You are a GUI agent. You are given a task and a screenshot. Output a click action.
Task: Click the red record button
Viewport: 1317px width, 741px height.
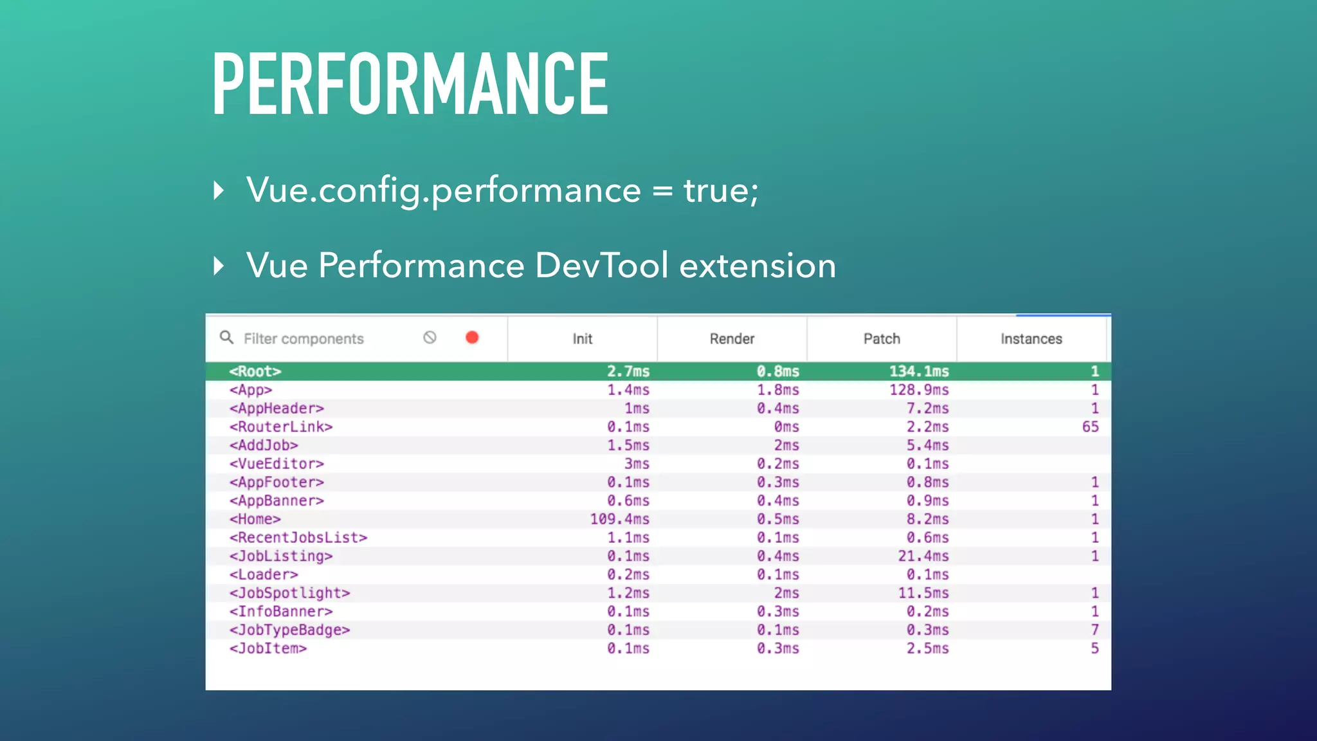[x=472, y=338]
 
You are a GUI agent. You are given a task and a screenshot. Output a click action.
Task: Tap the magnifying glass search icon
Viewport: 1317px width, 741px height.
[x=226, y=337]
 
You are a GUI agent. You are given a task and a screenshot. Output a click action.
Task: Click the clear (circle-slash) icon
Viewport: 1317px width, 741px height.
[x=430, y=338]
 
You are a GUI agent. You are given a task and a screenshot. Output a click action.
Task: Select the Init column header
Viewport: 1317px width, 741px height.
[x=582, y=339]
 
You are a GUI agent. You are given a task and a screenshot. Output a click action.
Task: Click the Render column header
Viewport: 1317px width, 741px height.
[x=732, y=339]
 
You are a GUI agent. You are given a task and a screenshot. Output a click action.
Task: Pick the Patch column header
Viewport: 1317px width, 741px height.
[x=882, y=339]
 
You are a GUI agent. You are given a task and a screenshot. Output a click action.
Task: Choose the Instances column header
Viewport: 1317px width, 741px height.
[x=1031, y=339]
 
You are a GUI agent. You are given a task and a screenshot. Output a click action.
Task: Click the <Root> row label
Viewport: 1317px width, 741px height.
[x=255, y=371]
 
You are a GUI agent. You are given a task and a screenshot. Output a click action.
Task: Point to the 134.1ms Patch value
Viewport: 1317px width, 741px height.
[x=919, y=371]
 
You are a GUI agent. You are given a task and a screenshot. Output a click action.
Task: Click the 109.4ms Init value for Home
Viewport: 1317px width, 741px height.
[x=620, y=519]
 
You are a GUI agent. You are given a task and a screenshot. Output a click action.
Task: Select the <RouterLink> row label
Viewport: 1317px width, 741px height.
[x=281, y=427]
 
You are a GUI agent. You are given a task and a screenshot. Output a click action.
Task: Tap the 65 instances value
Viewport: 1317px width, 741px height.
[x=1090, y=427]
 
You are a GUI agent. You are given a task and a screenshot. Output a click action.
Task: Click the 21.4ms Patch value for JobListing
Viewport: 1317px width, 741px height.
[x=923, y=556]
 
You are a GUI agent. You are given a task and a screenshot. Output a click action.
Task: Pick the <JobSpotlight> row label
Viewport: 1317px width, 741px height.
[x=289, y=593]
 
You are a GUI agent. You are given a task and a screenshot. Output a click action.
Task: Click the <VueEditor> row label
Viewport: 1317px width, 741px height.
[x=277, y=464]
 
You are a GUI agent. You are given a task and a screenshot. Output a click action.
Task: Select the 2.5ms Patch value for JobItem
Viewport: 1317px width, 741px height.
[x=927, y=648]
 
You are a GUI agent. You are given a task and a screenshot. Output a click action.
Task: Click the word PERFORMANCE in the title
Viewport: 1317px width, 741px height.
[x=410, y=84]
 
